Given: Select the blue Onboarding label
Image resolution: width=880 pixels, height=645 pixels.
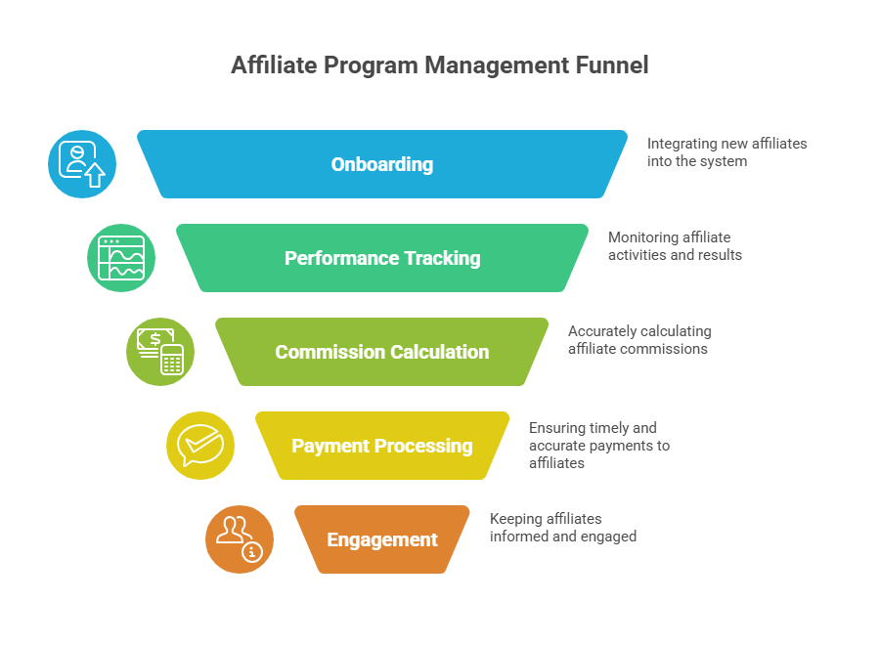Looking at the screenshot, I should (382, 164).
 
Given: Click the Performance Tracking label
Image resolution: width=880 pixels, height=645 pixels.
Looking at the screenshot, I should (382, 258).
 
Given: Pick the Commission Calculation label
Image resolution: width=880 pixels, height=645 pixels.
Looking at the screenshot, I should (382, 352).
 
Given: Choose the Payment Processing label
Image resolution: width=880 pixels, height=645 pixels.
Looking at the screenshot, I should (382, 446).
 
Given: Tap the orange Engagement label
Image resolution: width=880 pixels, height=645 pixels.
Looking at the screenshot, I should (382, 539).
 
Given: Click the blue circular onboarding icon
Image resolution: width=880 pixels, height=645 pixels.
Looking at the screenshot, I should (82, 164).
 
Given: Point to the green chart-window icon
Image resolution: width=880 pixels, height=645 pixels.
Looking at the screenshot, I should (121, 258).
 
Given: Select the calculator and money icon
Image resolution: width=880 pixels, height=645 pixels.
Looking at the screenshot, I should (160, 352).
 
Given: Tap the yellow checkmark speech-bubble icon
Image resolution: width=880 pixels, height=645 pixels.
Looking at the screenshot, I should (199, 446).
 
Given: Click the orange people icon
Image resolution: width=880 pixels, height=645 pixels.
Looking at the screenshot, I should (239, 539).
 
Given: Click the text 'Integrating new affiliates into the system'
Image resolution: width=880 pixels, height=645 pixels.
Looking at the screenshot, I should (726, 152).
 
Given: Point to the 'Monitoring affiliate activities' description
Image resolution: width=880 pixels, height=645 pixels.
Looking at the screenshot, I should (674, 246).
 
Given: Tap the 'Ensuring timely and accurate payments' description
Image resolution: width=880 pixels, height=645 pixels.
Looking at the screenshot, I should (598, 445).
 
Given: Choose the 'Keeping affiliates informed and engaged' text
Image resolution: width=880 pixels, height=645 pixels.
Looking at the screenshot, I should (562, 528).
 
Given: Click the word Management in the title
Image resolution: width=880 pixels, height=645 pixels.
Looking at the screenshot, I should (489, 66).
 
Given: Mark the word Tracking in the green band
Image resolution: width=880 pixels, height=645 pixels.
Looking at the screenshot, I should (436, 258).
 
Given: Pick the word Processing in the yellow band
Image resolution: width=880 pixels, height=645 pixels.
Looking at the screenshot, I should (426, 446).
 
